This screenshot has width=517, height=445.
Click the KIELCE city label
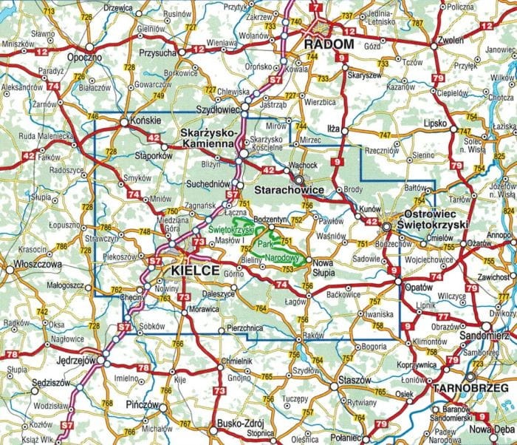coord(195,271)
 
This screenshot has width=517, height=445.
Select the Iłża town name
coord(333,129)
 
